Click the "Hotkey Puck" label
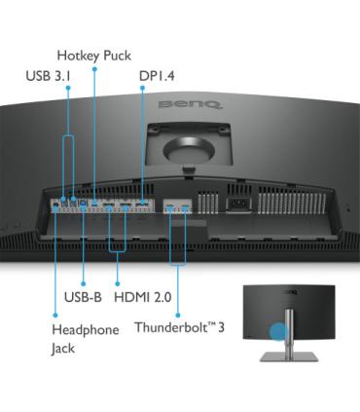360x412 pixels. click(93, 56)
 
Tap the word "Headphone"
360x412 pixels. click(85, 329)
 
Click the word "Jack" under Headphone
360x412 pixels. click(64, 348)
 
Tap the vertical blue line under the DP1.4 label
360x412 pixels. click(142, 136)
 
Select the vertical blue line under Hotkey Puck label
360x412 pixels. click(93, 127)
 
